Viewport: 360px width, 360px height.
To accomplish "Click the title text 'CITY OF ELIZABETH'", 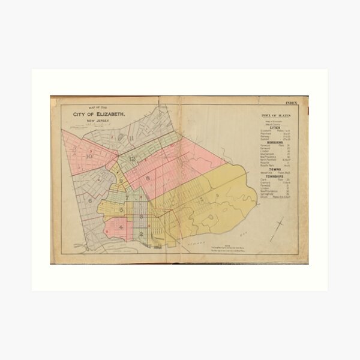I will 99,113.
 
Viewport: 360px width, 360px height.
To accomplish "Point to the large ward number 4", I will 122,227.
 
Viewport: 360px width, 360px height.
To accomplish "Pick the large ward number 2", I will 141,234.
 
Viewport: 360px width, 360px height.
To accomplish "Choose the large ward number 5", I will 121,210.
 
